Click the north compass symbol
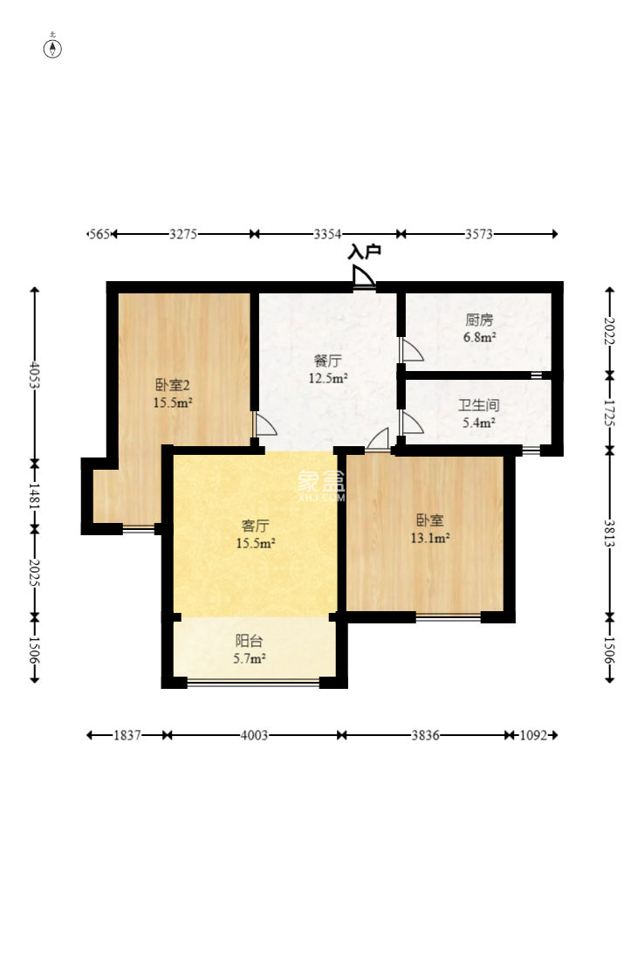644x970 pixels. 53,48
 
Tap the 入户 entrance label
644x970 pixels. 364,251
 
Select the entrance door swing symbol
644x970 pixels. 363,278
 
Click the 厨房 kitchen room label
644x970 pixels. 479,320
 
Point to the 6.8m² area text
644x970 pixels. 480,338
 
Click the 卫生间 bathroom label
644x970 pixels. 478,405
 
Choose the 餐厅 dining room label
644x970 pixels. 327,361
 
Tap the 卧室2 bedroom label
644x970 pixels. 173,385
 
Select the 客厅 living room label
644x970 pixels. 256,526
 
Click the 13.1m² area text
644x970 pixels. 430,538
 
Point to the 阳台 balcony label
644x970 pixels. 249,641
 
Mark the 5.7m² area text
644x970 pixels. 249,659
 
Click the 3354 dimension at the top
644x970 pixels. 327,234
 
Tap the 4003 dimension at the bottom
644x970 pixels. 254,735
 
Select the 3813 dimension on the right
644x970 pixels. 609,533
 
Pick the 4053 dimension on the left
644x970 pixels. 35,375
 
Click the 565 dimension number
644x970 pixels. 99,234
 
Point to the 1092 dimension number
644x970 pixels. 533,735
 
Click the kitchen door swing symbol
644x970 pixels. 412,350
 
